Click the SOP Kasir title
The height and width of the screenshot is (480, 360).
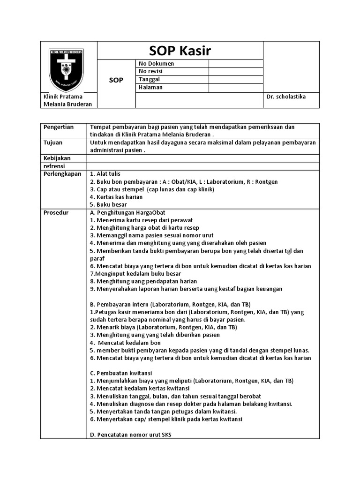pos(180,51)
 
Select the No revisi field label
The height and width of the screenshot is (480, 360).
pos(150,71)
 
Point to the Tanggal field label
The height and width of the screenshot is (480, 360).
pos(150,79)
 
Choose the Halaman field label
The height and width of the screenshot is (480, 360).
pos(151,87)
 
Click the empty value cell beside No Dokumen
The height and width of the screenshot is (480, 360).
pos(235,63)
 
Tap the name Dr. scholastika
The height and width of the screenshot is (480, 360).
pos(286,97)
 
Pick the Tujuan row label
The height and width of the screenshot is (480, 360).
pos(53,142)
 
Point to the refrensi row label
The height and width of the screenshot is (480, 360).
pos(54,166)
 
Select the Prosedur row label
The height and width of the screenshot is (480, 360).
pos(56,212)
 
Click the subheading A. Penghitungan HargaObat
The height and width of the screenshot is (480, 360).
pos(127,212)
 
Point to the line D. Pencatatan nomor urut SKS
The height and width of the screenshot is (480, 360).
pos(130,435)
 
